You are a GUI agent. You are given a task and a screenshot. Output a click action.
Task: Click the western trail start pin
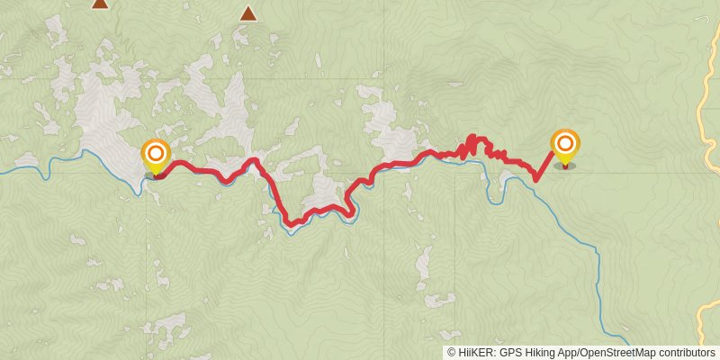pos(156,155)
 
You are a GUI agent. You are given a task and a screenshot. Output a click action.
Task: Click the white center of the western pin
pos(156,152)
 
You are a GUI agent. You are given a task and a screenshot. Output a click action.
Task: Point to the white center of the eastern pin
pos(565,143)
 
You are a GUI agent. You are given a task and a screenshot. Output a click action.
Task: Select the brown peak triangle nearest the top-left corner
pos(100,4)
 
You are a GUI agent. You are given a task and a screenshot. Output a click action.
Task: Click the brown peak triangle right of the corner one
pos(247,13)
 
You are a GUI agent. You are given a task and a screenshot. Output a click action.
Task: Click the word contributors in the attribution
pos(688,353)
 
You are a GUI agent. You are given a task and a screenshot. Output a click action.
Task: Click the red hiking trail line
pos(207,170)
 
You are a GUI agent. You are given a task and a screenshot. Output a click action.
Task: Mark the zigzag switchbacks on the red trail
pos(472,146)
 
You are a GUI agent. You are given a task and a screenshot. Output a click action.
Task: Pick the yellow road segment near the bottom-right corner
pos(707,319)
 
